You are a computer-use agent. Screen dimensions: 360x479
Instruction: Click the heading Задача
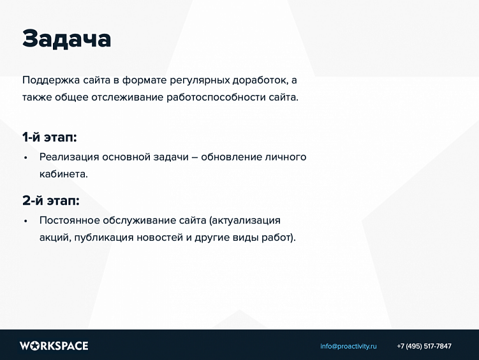click(x=66, y=39)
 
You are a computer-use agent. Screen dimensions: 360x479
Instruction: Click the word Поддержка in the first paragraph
click(x=51, y=80)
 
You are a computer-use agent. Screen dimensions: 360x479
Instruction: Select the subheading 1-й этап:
click(x=49, y=137)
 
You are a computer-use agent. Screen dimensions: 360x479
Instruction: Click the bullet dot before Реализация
click(x=26, y=157)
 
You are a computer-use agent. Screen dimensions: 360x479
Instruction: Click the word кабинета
click(x=63, y=173)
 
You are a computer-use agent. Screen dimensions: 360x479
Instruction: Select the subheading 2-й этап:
click(x=50, y=201)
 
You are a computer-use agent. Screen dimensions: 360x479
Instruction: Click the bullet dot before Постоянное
click(x=26, y=221)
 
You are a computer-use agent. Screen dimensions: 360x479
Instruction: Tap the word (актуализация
click(x=245, y=220)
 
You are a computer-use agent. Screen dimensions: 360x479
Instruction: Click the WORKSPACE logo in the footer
click(x=54, y=346)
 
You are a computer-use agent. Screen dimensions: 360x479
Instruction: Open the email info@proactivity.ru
click(x=348, y=346)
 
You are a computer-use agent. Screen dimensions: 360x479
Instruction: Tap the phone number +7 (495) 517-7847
click(x=424, y=346)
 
